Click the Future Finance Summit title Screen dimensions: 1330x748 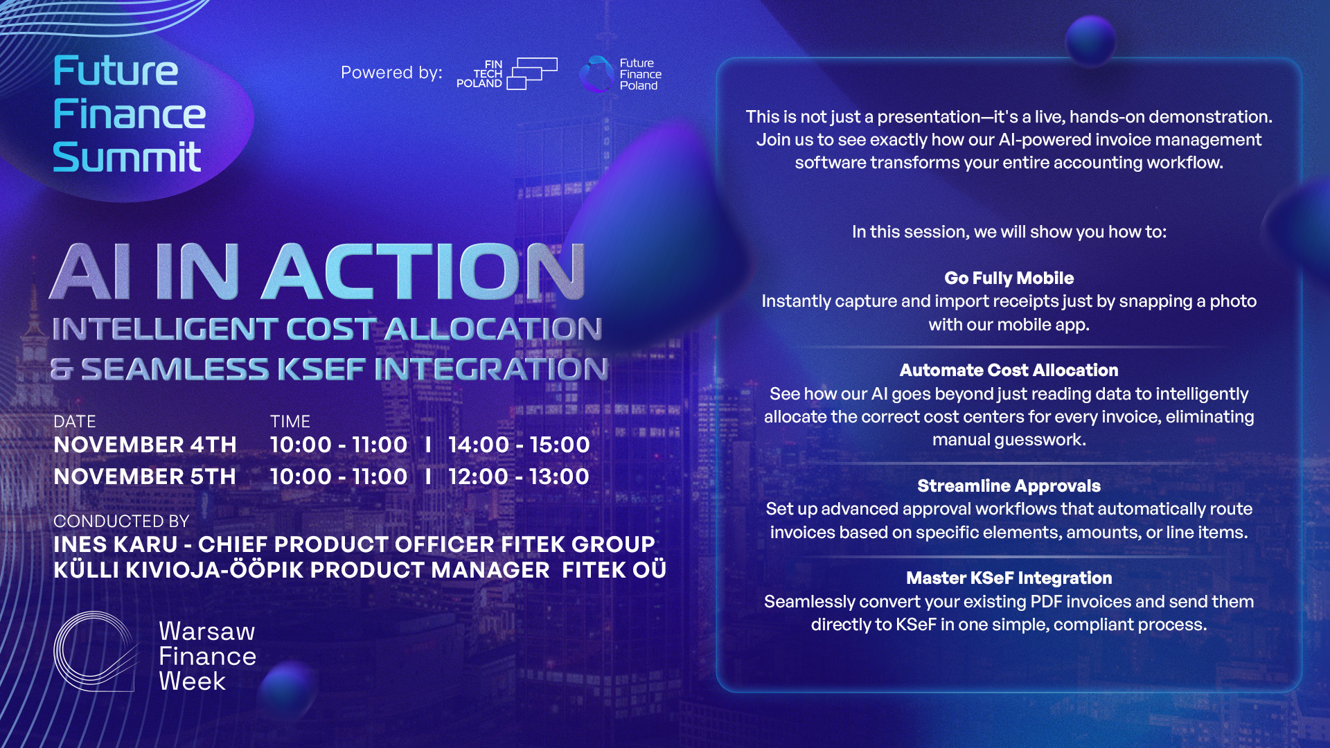[x=130, y=114]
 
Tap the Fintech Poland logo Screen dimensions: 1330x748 [x=507, y=73]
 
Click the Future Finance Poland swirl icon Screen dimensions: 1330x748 [x=596, y=74]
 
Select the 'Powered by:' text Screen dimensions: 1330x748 [x=391, y=73]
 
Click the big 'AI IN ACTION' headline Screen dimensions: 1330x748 [x=318, y=271]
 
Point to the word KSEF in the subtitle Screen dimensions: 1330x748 [x=321, y=368]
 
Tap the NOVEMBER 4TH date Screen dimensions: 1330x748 [x=145, y=445]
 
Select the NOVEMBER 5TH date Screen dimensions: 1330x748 [x=145, y=477]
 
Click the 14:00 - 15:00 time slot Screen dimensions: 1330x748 [x=519, y=445]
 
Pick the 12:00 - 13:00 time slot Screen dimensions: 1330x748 [x=519, y=477]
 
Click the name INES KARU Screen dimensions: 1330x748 [x=116, y=544]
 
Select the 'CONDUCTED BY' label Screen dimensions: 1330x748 [x=121, y=521]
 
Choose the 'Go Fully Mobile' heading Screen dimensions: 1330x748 [x=1009, y=278]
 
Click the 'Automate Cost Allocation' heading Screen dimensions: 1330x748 [x=1009, y=371]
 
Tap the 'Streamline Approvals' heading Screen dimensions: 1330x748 [x=1009, y=486]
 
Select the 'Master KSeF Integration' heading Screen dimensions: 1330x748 [x=1009, y=578]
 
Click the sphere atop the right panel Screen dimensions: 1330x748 [x=1091, y=40]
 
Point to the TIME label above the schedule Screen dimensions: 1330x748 [x=290, y=422]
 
